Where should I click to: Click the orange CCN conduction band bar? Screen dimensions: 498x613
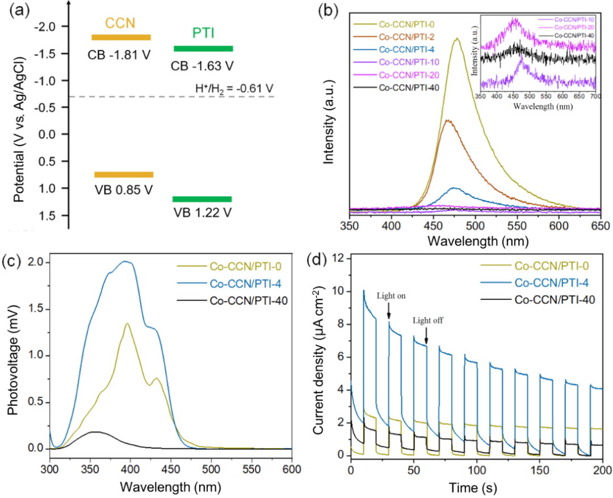[x=121, y=37]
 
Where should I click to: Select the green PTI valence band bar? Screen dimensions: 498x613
[x=202, y=199]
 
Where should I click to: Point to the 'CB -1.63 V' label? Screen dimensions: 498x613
[x=203, y=66]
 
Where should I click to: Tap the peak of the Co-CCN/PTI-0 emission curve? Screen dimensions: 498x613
[x=456, y=39]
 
